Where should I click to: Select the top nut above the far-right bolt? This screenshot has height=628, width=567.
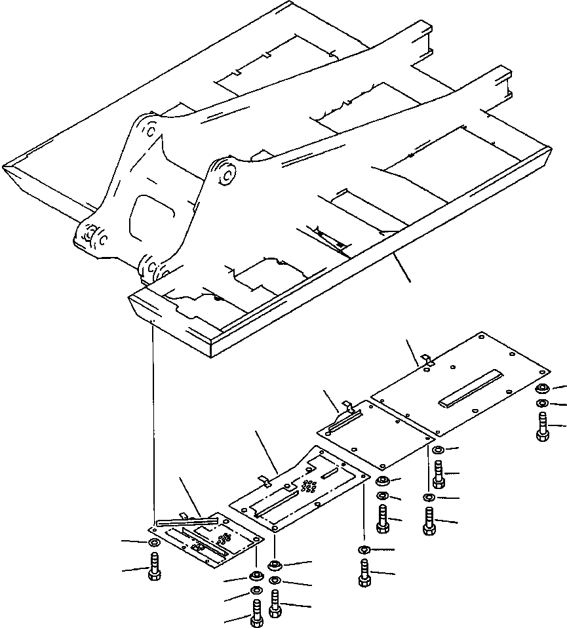(x=543, y=389)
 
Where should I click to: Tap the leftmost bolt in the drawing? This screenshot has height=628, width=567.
(x=155, y=566)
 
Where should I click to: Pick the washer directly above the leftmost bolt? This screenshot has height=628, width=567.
(x=154, y=543)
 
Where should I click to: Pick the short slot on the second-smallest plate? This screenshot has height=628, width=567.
(x=330, y=472)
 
